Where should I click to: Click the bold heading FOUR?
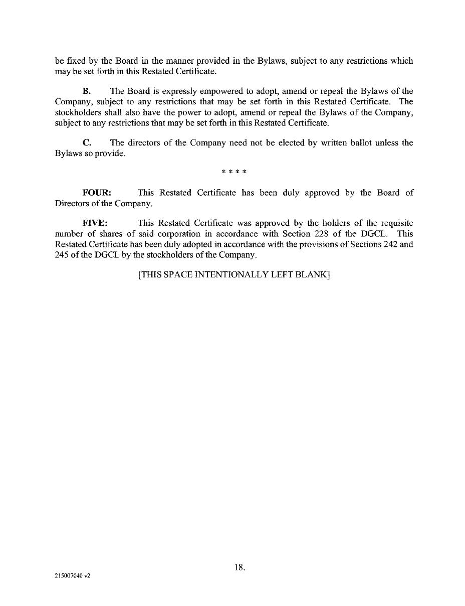pos(97,193)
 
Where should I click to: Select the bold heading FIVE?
pos(95,223)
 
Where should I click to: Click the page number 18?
pos(240,567)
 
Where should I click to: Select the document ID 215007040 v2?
pos(73,576)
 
